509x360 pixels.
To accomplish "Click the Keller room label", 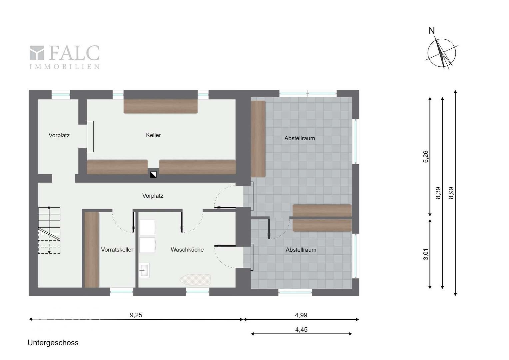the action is (x=153, y=135).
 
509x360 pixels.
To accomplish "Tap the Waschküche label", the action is (x=187, y=250).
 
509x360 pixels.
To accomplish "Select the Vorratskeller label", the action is (x=117, y=250).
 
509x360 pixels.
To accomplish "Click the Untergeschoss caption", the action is (x=53, y=343).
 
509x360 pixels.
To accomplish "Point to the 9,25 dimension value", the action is (x=136, y=315).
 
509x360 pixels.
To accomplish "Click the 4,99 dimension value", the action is (x=301, y=315).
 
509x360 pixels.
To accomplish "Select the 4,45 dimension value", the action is (x=301, y=330).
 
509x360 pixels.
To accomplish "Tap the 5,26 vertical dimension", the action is (x=426, y=157).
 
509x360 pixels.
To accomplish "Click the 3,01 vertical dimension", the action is (x=426, y=254).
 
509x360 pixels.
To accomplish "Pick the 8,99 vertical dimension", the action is (x=451, y=193).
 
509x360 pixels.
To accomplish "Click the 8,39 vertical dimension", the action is (x=438, y=193).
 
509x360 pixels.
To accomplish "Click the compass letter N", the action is (x=431, y=31).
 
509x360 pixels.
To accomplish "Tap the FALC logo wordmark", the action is (x=65, y=57).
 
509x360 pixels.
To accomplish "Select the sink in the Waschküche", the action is (x=144, y=270).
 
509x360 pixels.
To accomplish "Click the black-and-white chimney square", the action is (x=153, y=174).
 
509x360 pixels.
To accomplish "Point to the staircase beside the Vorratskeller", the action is (x=49, y=230).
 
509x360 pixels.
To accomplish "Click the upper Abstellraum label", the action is (x=299, y=138).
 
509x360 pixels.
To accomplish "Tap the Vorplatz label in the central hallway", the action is (x=153, y=196).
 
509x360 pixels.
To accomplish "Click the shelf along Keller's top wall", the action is (x=161, y=106).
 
